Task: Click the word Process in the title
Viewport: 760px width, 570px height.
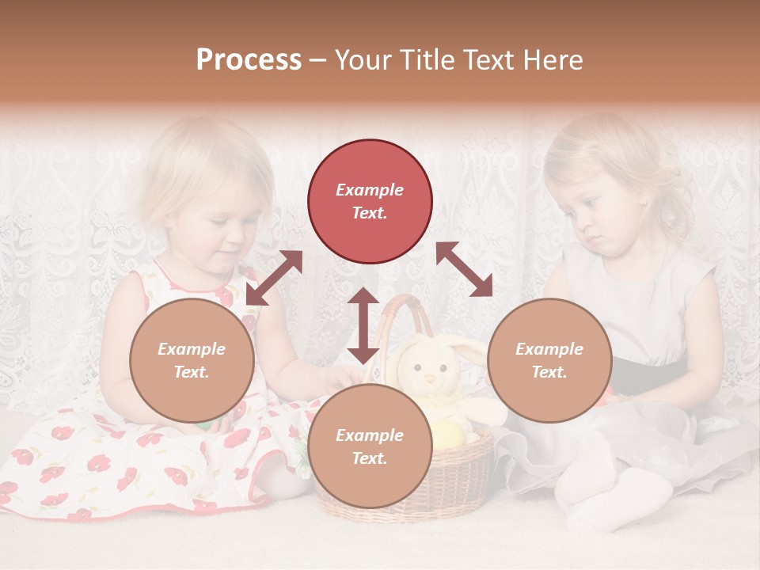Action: pos(249,60)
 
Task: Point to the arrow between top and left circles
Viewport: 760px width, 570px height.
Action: pos(274,278)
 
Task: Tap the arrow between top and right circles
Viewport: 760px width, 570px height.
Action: pos(464,269)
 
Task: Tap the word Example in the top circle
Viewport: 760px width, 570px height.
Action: pos(370,190)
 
